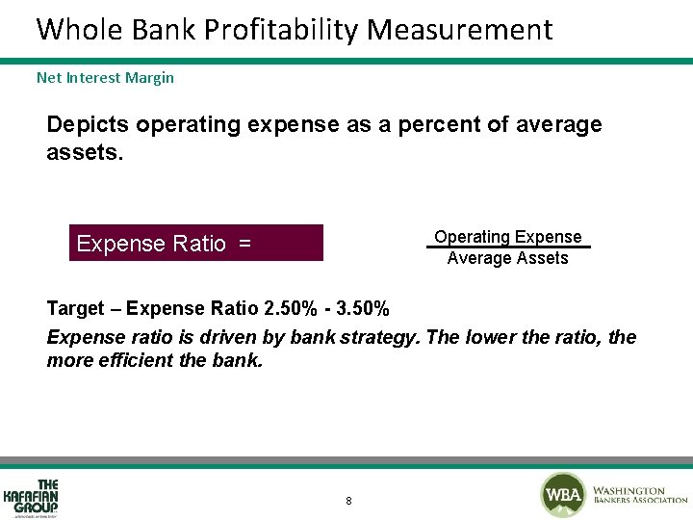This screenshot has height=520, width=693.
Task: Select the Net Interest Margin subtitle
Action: pyautogui.click(x=105, y=77)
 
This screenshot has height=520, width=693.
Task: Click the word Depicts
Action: pyautogui.click(x=88, y=125)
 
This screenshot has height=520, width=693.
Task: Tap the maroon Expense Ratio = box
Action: pyautogui.click(x=197, y=244)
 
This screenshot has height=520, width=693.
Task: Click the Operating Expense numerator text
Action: pyautogui.click(x=507, y=237)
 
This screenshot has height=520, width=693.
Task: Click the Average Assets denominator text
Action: pyautogui.click(x=507, y=258)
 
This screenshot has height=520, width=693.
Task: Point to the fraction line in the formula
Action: pyautogui.click(x=507, y=247)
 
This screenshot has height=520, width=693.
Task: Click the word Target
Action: pyautogui.click(x=75, y=309)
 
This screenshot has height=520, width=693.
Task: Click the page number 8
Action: pyautogui.click(x=347, y=501)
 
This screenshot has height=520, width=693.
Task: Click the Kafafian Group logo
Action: pyautogui.click(x=31, y=498)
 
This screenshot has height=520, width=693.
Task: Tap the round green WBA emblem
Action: pyautogui.click(x=562, y=495)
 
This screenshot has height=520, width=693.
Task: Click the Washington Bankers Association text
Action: pyautogui.click(x=639, y=495)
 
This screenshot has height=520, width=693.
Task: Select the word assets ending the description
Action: pyautogui.click(x=84, y=151)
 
